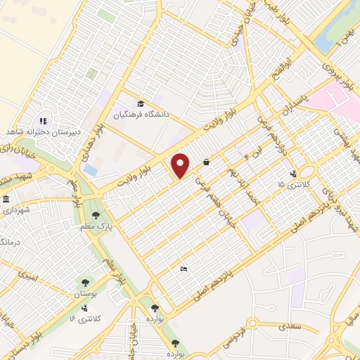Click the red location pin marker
click(x=181, y=165)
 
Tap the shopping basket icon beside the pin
click(x=206, y=162)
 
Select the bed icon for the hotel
click(x=184, y=269)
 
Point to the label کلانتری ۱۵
click(x=291, y=184)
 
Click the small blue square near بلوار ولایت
click(x=89, y=170)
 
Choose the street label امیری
click(x=30, y=278)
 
